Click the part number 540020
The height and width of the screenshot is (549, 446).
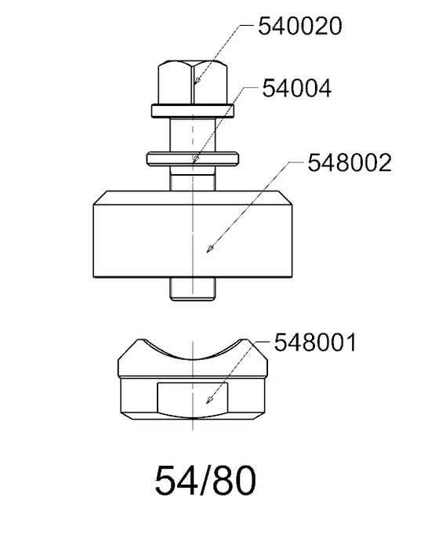299,26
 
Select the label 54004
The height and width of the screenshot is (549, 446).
296,88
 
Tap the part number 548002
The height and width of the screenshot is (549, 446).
349,163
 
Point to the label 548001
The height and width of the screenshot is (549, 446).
315,342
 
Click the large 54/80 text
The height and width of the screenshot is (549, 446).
205,480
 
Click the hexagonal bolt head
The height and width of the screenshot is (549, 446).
193,82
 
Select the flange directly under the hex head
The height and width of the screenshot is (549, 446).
193,111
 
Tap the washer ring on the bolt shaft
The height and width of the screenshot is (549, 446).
193,158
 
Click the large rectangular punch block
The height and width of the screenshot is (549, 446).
193,235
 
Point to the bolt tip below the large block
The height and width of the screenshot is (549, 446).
192,289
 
